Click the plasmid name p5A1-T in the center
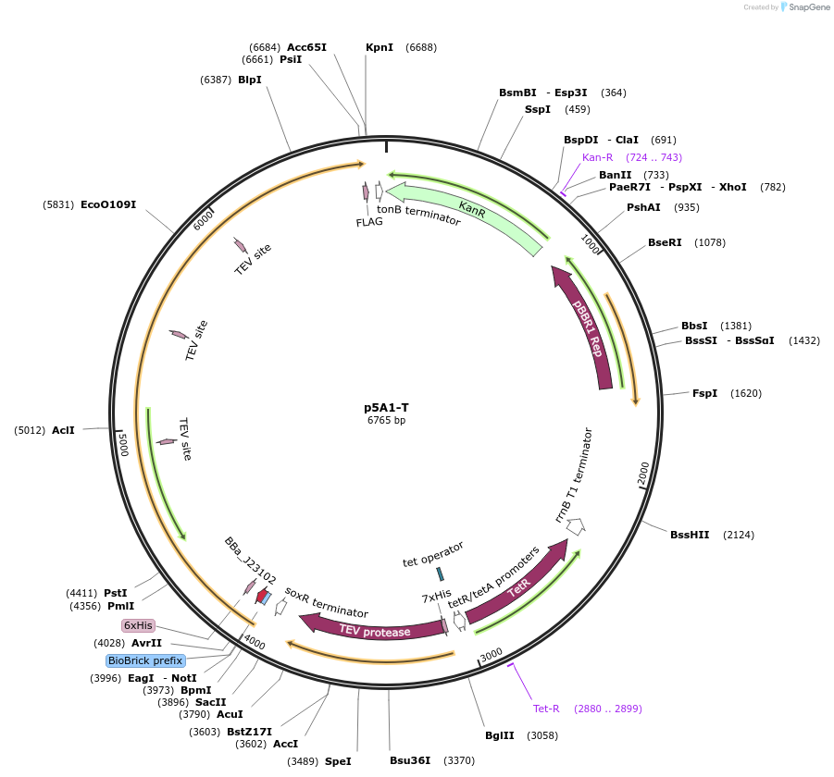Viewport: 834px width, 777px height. (386, 407)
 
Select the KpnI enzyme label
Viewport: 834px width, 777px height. (380, 47)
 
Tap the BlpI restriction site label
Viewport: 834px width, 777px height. (250, 80)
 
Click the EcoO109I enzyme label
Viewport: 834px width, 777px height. (108, 204)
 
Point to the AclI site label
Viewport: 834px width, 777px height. (63, 430)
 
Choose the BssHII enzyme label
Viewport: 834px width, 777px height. (690, 535)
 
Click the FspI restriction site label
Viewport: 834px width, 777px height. (705, 393)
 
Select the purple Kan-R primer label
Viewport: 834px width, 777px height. (598, 157)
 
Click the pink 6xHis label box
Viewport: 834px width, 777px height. (138, 625)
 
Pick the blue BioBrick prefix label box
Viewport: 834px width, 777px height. (146, 660)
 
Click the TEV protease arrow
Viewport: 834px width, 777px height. (375, 631)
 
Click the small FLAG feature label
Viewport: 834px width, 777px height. (369, 222)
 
